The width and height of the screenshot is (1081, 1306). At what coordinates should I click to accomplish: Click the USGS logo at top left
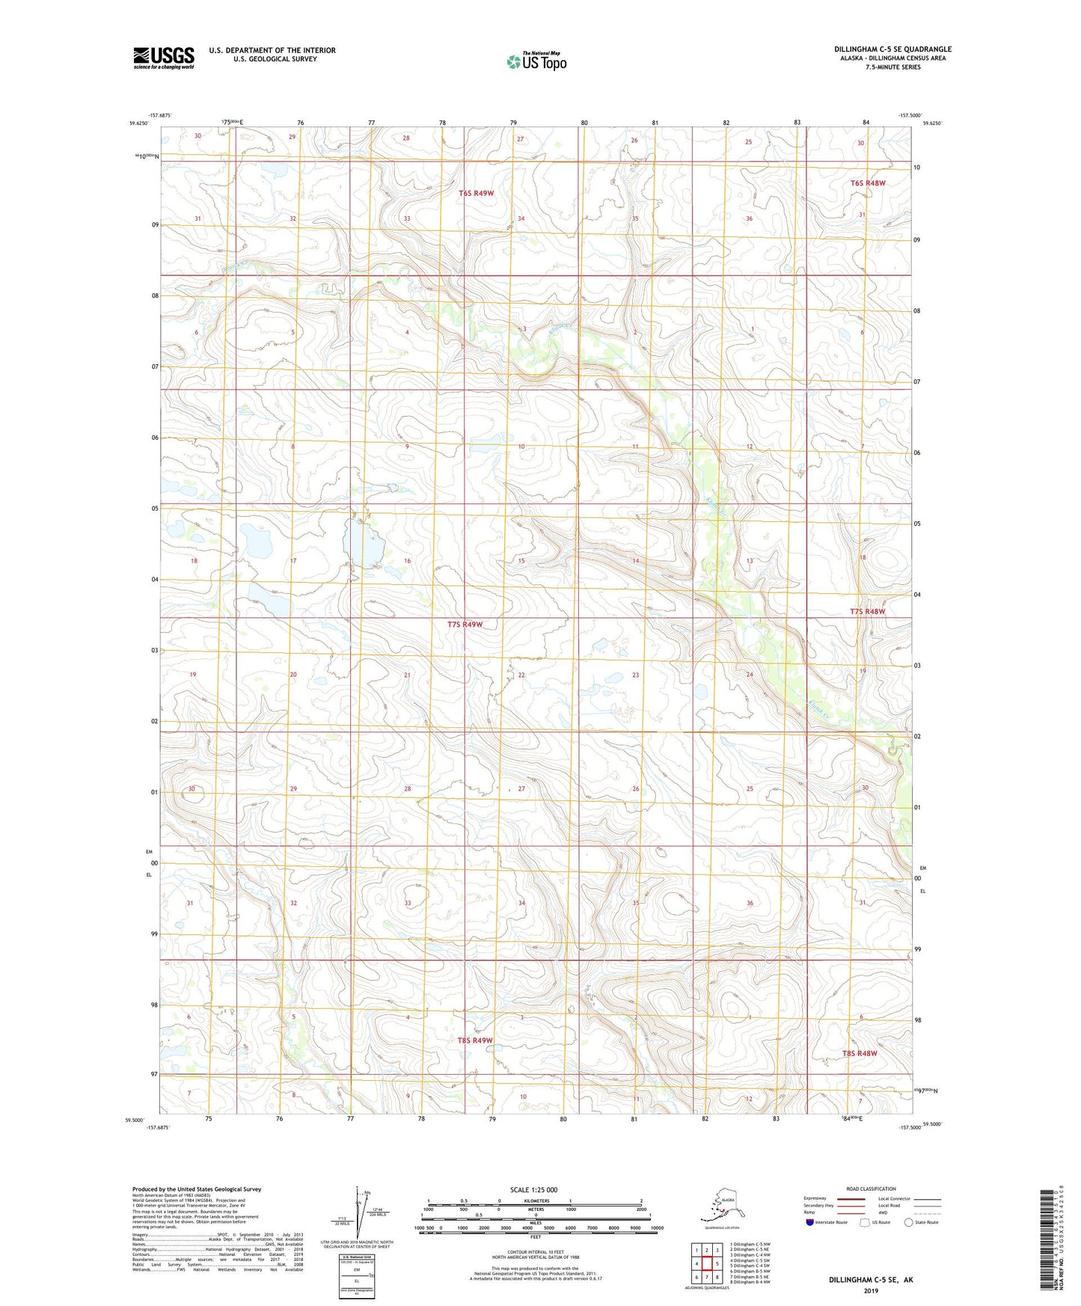(x=163, y=58)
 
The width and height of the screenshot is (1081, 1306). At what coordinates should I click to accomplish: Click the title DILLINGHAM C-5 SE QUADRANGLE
(x=892, y=49)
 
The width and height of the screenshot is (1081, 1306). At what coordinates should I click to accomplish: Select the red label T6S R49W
(x=476, y=193)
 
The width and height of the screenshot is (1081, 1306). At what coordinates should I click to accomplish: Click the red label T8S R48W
(x=859, y=1053)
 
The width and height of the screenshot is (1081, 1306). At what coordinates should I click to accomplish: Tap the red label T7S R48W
(x=867, y=611)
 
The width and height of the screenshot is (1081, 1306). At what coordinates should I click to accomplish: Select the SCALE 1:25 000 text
(x=533, y=1189)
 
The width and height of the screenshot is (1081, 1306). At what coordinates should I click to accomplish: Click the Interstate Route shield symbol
(x=809, y=1222)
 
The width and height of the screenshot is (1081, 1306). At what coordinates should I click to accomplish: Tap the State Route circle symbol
(x=909, y=1222)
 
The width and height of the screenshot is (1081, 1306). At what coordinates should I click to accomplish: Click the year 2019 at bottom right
(x=871, y=1290)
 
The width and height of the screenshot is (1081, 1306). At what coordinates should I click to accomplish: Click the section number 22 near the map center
(x=521, y=675)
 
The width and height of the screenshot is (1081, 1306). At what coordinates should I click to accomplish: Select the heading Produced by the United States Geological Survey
(x=197, y=1189)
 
